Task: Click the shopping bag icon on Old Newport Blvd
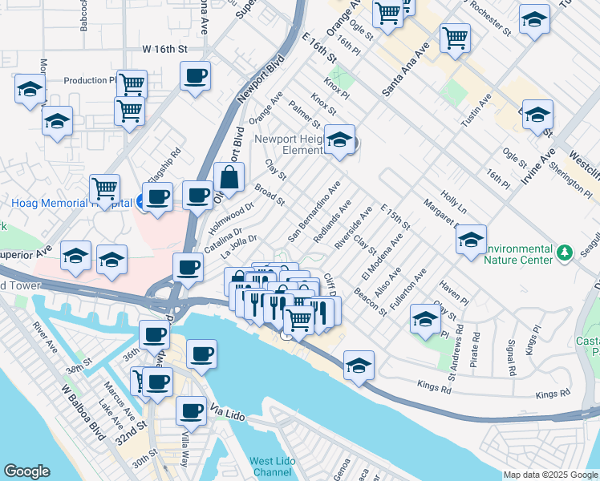click(229, 180)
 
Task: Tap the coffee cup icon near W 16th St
click(195, 78)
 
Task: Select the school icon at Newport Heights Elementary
click(340, 141)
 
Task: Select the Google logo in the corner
click(27, 471)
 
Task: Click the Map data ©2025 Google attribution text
click(549, 475)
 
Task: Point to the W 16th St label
click(164, 49)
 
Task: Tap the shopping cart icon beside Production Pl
click(132, 84)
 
